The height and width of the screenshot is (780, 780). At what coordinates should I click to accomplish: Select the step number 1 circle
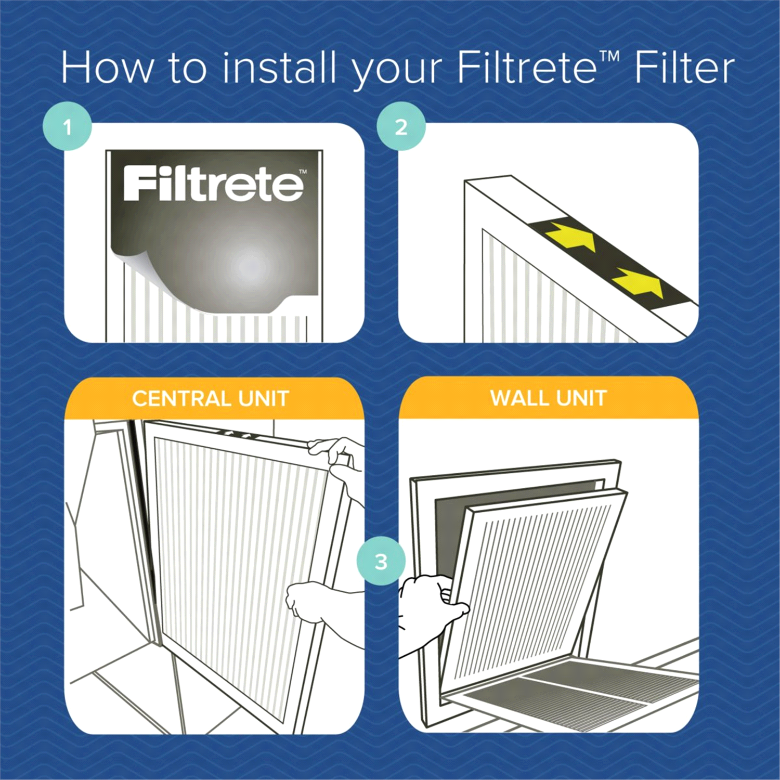click(67, 127)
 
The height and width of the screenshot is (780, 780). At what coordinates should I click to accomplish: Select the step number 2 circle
click(401, 127)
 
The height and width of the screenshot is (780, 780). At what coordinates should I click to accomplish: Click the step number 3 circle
click(381, 561)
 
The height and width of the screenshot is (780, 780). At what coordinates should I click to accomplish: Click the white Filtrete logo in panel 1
click(214, 184)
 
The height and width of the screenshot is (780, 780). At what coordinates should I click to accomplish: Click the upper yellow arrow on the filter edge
click(570, 237)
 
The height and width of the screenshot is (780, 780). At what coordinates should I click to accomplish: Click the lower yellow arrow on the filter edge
click(640, 283)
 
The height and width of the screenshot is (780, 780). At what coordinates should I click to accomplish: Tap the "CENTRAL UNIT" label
click(210, 399)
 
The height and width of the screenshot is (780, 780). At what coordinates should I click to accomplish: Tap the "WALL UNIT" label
click(549, 398)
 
